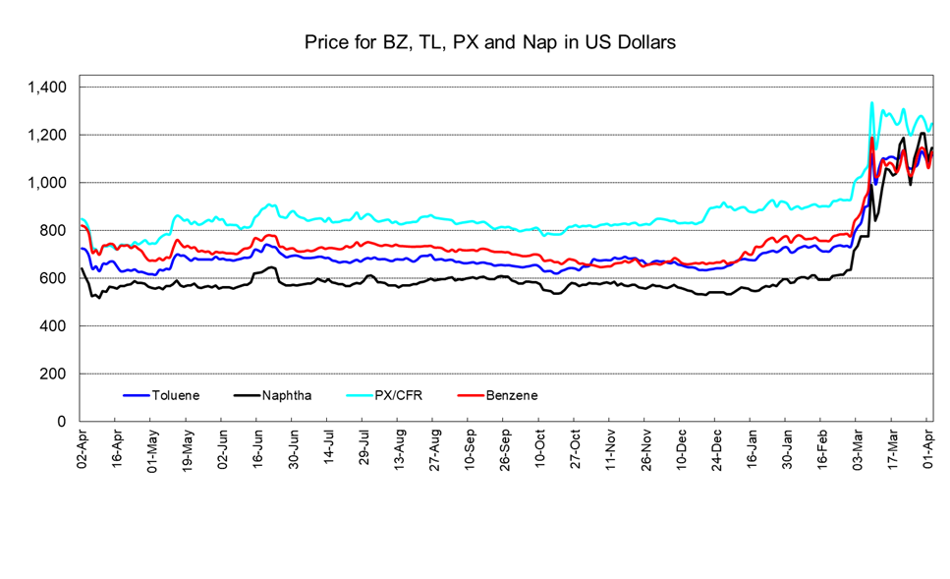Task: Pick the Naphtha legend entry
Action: (288, 396)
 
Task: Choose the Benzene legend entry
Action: (511, 396)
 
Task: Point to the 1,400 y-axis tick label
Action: (46, 87)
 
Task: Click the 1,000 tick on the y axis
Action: (46, 183)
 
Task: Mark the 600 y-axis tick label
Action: (54, 278)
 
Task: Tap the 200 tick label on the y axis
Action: (54, 374)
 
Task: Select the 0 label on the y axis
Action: (63, 422)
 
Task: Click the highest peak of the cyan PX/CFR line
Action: (871, 102)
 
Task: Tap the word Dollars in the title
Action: (644, 43)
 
